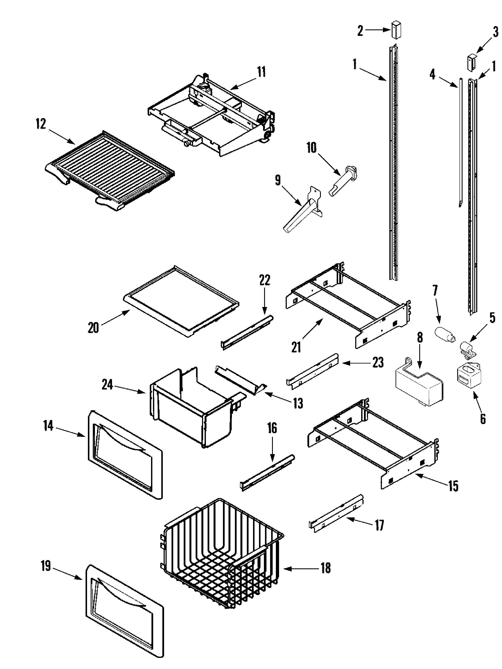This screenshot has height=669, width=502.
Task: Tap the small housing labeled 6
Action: coord(468,376)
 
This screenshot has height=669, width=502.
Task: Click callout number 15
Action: coord(453,486)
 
